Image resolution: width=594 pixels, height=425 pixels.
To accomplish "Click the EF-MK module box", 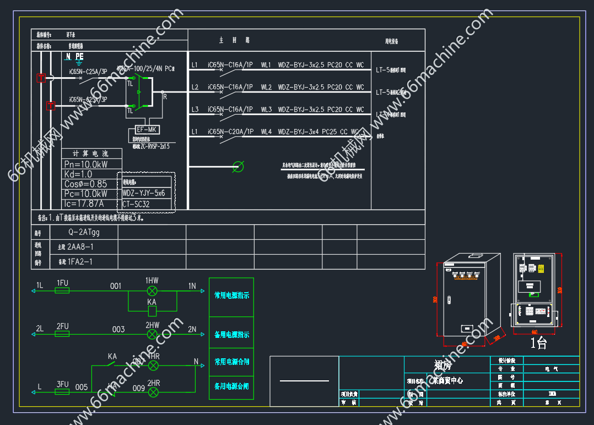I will pyautogui.click(x=147, y=130).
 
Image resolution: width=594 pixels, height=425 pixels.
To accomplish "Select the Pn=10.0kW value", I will pyautogui.click(x=85, y=164).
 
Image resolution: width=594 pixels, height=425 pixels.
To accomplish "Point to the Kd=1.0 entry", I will pyautogui.click(x=78, y=174).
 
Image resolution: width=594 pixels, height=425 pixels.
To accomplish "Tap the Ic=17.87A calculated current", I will pyautogui.click(x=84, y=204).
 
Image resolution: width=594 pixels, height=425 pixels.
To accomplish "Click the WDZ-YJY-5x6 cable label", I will pyautogui.click(x=144, y=193).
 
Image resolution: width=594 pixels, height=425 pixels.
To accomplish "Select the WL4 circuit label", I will pyautogui.click(x=266, y=132).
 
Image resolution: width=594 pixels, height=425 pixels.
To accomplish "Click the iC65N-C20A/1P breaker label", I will pyautogui.click(x=230, y=132).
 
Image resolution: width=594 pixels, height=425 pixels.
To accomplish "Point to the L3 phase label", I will pyautogui.click(x=195, y=110).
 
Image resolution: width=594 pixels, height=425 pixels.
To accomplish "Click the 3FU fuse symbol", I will pyautogui.click(x=63, y=391).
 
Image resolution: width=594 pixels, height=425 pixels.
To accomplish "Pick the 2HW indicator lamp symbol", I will pyautogui.click(x=152, y=334).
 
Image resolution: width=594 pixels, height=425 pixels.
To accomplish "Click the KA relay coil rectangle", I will pyautogui.click(x=152, y=310).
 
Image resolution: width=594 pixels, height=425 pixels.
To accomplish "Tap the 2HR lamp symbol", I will pyautogui.click(x=154, y=391).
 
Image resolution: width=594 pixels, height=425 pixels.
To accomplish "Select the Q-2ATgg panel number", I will pyautogui.click(x=84, y=232).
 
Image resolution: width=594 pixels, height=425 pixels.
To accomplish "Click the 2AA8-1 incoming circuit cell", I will pyautogui.click(x=80, y=247).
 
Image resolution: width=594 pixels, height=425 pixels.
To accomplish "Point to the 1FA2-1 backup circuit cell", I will pyautogui.click(x=79, y=262).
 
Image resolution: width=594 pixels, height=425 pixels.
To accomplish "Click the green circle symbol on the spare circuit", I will pyautogui.click(x=238, y=166).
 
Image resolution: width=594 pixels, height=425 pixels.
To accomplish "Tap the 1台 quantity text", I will pyautogui.click(x=538, y=343).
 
